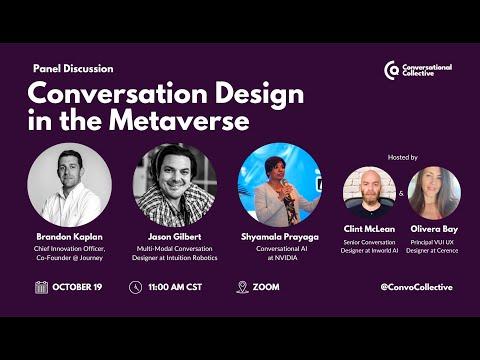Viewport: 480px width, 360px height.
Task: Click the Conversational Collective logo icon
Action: (x=391, y=70)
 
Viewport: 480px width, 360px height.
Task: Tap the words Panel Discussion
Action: (x=73, y=69)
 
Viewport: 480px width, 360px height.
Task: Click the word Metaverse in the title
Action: (x=179, y=120)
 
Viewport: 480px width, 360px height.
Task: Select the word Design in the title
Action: (x=259, y=95)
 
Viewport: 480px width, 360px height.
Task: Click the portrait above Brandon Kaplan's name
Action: (x=70, y=185)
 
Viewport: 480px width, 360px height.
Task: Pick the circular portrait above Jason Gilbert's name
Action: (x=175, y=185)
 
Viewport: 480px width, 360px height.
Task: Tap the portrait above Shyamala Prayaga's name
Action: (x=280, y=185)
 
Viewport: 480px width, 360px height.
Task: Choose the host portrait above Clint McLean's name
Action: (x=369, y=193)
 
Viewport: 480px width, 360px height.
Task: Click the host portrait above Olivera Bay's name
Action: (x=434, y=193)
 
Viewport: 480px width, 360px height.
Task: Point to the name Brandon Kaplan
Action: (x=70, y=237)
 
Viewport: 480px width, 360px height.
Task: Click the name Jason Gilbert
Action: (x=175, y=237)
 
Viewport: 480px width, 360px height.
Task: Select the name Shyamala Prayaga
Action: (x=280, y=237)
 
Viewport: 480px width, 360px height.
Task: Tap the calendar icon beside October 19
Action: (x=41, y=287)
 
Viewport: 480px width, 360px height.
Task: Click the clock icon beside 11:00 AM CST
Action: (x=135, y=287)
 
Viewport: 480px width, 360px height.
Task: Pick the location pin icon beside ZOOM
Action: (x=242, y=287)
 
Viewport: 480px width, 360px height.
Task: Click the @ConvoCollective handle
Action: (x=417, y=287)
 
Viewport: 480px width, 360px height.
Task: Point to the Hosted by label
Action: (x=403, y=157)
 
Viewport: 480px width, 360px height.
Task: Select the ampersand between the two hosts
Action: (x=401, y=193)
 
